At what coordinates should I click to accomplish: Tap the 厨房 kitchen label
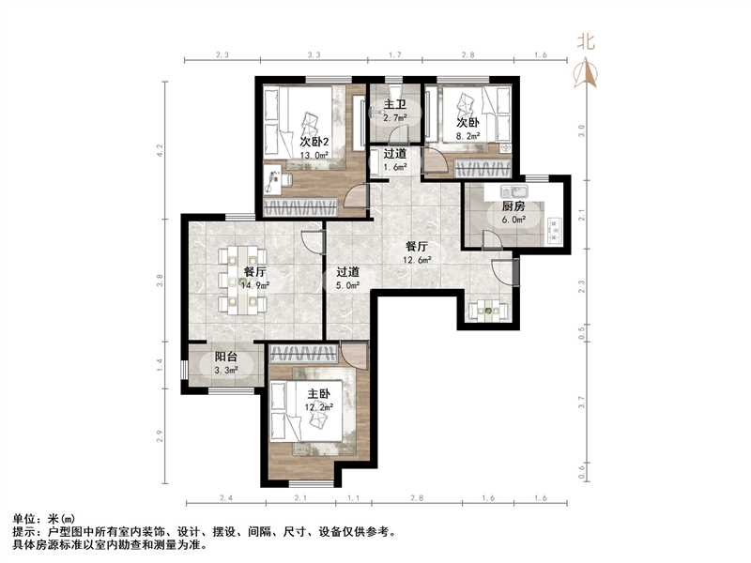tap(512, 206)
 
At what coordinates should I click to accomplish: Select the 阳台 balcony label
tap(225, 357)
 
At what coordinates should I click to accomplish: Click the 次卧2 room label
tap(315, 142)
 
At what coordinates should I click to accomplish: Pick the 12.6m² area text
tap(418, 260)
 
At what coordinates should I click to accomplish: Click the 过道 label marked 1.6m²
tap(394, 154)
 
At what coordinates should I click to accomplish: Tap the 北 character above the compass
tap(587, 41)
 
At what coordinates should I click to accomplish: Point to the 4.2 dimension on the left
tap(161, 147)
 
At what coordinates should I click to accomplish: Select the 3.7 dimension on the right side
tap(582, 401)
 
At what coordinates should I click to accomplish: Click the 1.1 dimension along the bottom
tap(354, 498)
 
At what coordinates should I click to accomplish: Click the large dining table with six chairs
tap(242, 279)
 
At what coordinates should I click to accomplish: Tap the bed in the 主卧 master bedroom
tap(310, 413)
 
